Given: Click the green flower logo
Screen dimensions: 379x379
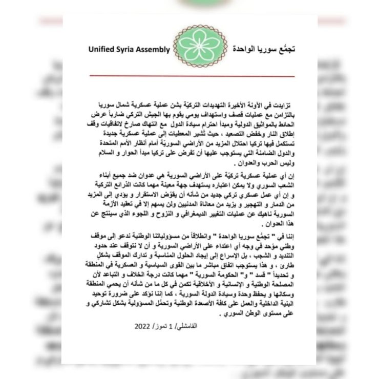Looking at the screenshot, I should click(x=200, y=46).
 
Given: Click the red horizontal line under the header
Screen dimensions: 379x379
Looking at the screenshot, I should click(x=192, y=76).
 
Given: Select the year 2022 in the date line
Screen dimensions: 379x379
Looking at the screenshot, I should click(x=144, y=326).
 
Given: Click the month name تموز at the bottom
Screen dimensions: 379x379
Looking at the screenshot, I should click(x=169, y=326).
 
